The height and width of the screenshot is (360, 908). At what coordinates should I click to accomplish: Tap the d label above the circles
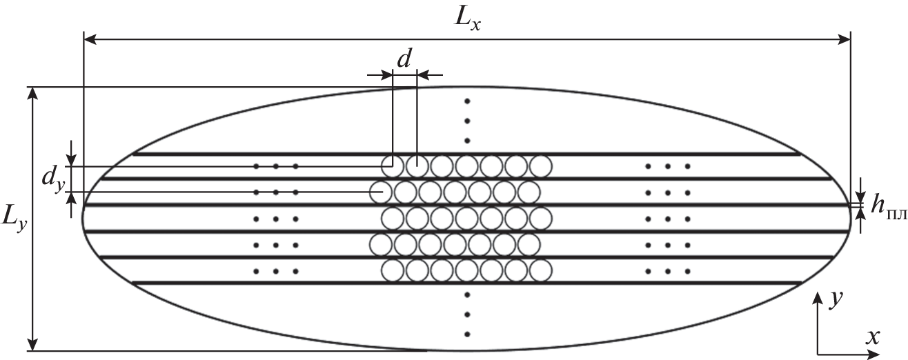click(x=404, y=59)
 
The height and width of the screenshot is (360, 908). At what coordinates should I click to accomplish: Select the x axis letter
click(x=872, y=337)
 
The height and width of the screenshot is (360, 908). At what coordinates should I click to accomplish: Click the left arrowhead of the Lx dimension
click(x=88, y=41)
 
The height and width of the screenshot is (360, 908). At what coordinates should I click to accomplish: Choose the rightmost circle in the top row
click(x=541, y=166)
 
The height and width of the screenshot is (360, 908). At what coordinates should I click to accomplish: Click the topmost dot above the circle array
click(x=467, y=102)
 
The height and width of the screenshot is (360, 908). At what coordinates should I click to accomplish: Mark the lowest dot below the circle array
click(x=467, y=334)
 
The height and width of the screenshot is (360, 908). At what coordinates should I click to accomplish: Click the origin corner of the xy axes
click(x=818, y=354)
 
